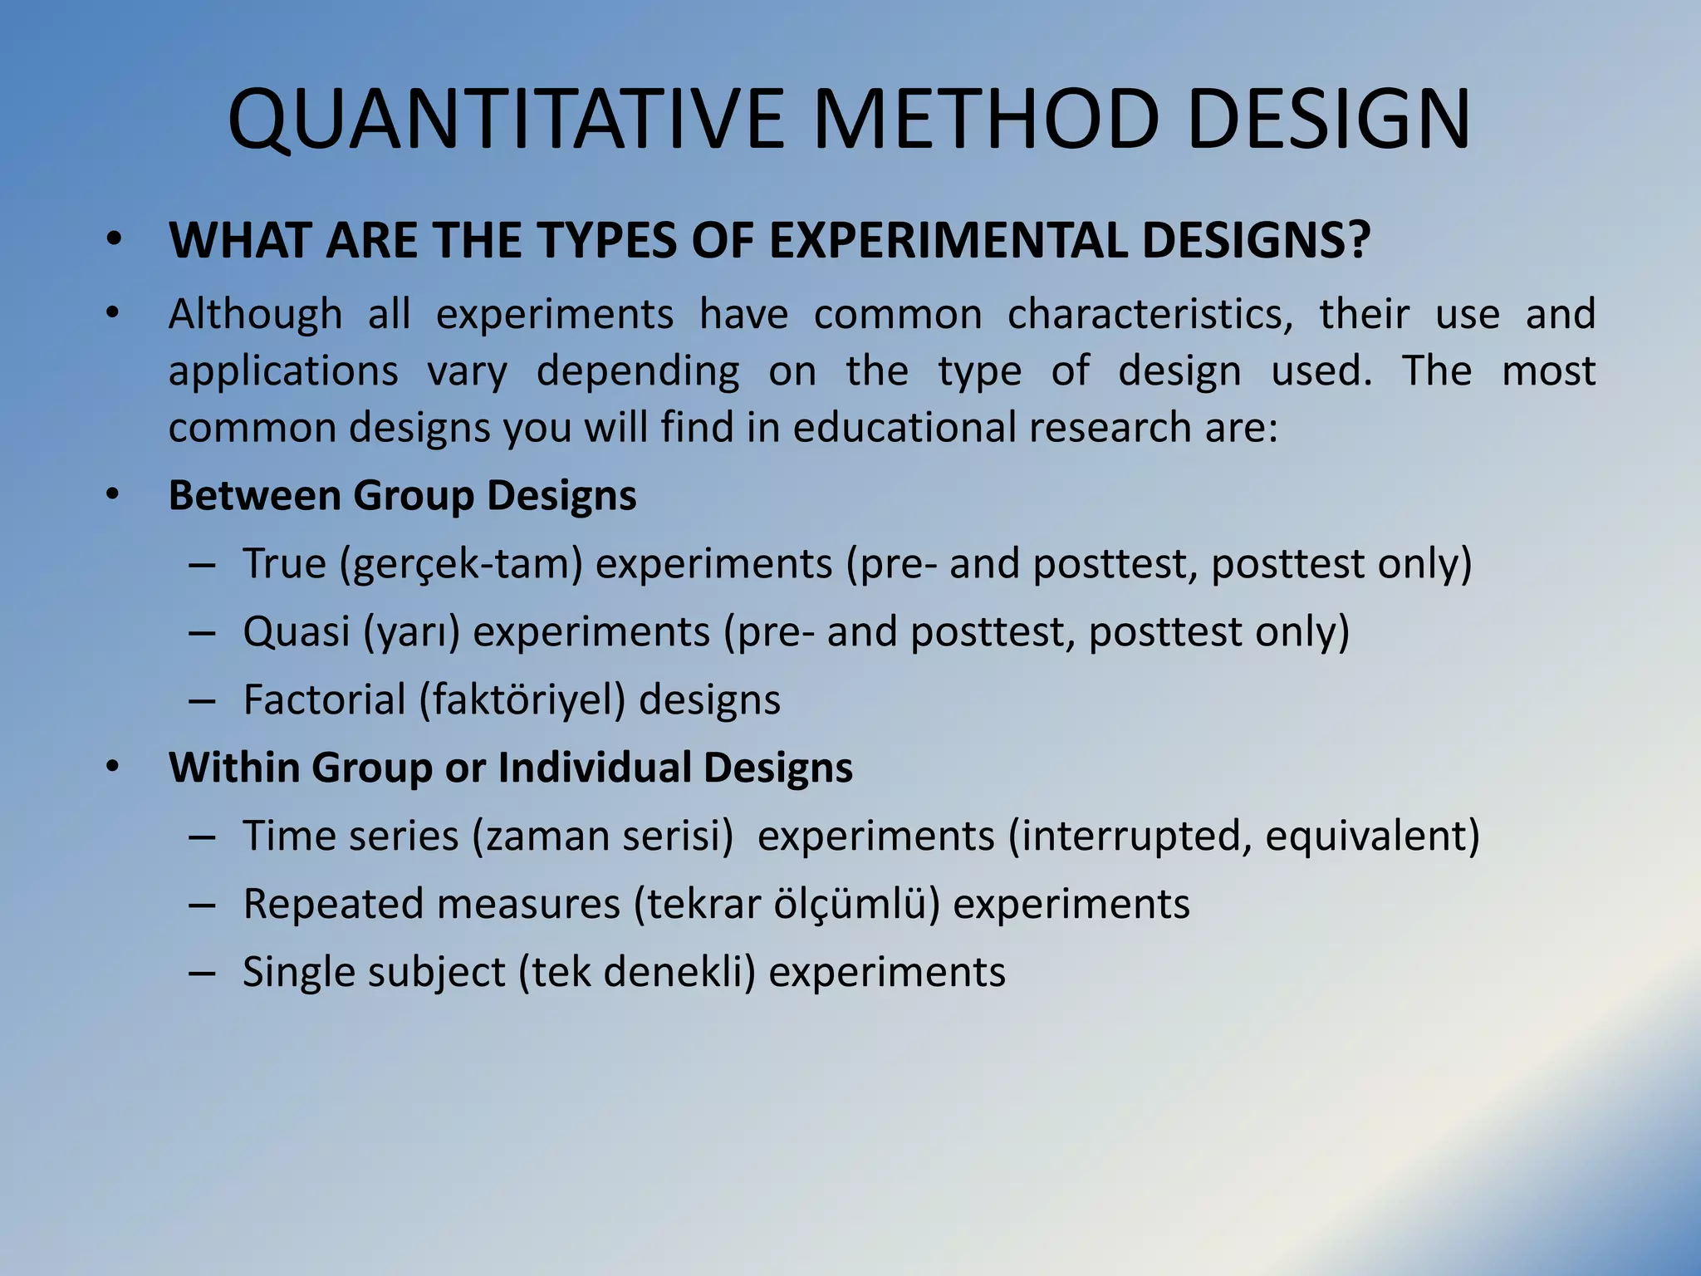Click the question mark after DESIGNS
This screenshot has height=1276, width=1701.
(1356, 241)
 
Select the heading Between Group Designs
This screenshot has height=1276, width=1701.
(402, 496)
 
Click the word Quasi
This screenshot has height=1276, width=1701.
(297, 632)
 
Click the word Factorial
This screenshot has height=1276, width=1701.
(324, 699)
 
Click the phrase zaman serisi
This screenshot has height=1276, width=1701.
(603, 836)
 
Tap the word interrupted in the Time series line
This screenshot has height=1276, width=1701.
(1133, 836)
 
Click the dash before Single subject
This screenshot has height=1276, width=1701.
(202, 973)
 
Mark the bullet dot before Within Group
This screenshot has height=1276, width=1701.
(114, 768)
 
